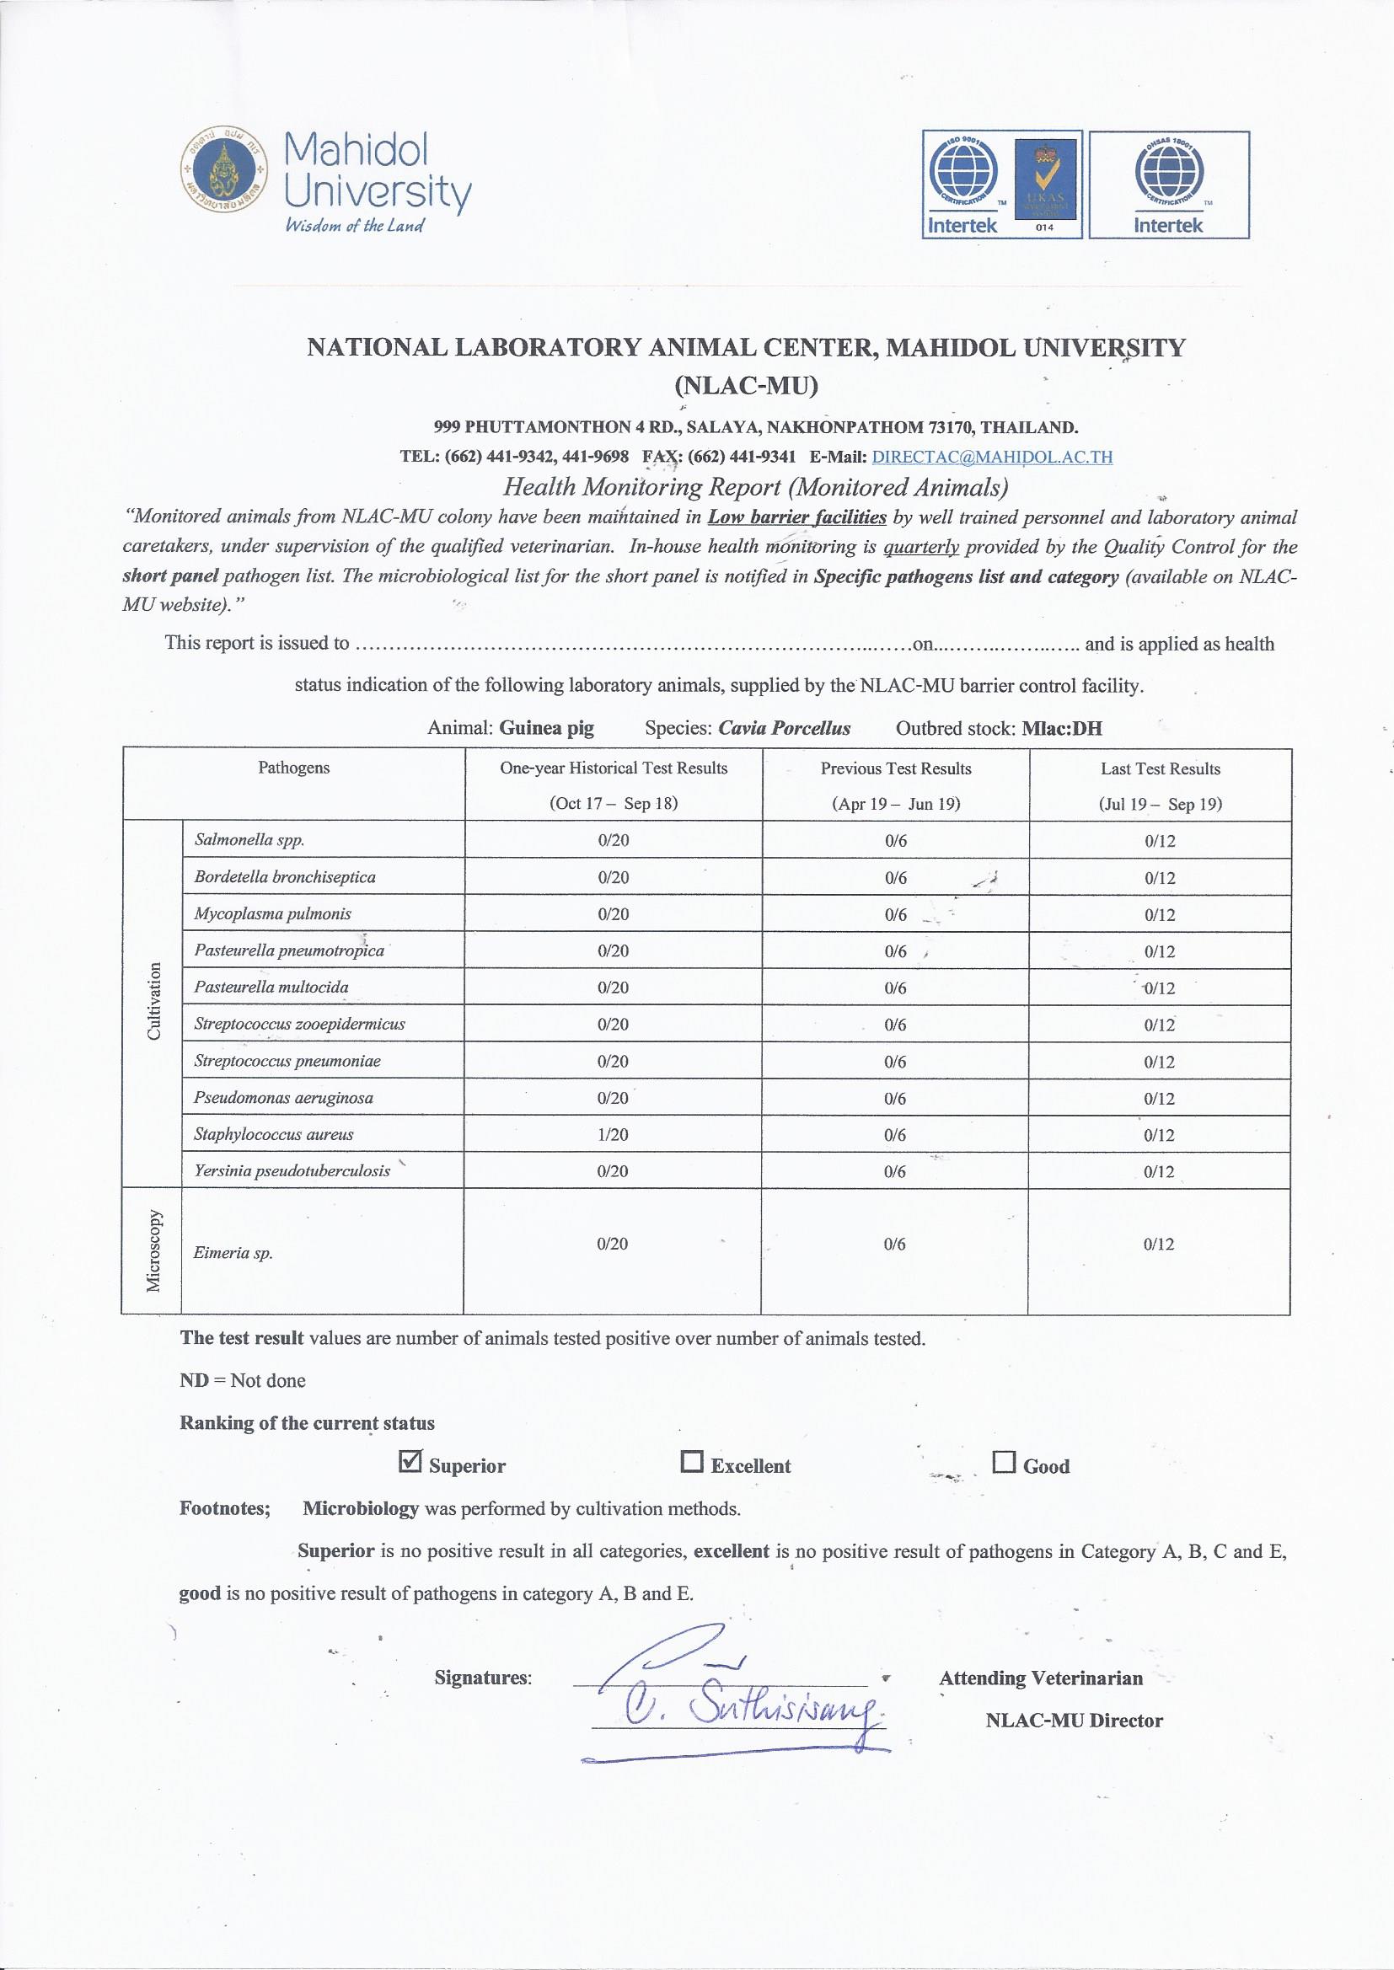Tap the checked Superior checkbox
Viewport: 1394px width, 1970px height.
coord(411,1460)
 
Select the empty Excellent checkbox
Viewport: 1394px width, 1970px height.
coord(691,1460)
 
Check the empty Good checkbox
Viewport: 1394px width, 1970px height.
coord(1004,1460)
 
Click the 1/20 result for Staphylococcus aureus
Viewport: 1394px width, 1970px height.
coord(613,1134)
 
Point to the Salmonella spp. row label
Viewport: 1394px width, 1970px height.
coord(249,840)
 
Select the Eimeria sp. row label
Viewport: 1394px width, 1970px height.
coord(233,1252)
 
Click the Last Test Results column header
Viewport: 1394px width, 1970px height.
coord(1161,768)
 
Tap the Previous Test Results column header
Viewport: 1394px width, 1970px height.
coord(895,768)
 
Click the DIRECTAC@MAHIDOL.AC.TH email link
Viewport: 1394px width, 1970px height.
coord(991,457)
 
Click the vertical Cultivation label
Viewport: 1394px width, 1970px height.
coord(153,1001)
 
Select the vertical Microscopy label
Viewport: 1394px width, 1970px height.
coord(153,1250)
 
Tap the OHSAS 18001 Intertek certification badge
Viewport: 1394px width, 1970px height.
coord(1168,184)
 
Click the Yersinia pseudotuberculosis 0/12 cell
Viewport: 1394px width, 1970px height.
coord(1159,1172)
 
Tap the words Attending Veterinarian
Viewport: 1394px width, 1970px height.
coord(1040,1678)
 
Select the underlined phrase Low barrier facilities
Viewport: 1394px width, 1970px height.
coord(796,517)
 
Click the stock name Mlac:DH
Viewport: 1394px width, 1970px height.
coord(1062,729)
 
